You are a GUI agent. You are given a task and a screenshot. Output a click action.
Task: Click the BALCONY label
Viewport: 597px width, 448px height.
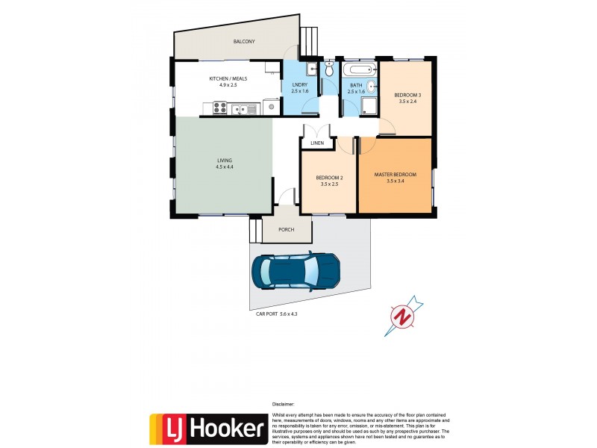click(244, 42)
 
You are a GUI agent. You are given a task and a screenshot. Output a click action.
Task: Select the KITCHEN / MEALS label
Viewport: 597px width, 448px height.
click(228, 78)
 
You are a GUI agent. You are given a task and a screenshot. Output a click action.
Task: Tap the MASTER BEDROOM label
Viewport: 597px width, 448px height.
click(395, 175)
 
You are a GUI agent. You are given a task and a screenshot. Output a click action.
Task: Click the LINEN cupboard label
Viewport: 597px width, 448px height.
click(318, 142)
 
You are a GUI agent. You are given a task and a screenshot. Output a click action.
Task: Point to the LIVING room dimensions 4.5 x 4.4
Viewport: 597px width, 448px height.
click(225, 167)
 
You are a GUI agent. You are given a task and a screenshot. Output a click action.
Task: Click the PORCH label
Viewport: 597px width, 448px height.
click(286, 230)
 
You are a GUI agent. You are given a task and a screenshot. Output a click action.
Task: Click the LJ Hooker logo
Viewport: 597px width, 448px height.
click(208, 429)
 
